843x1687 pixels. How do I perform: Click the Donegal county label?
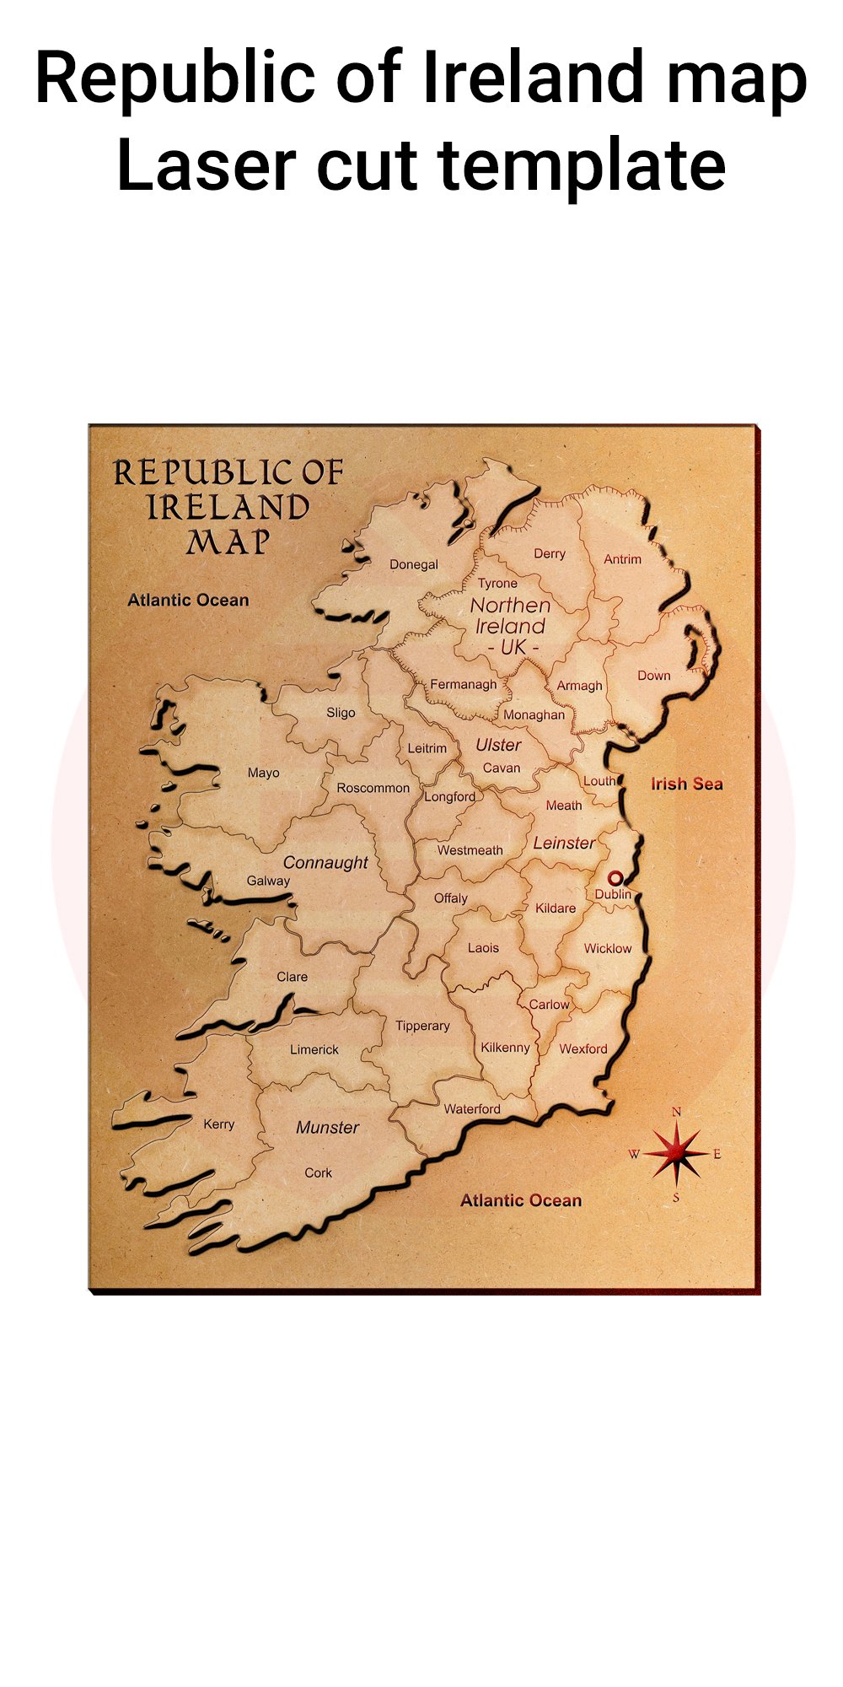[x=413, y=564]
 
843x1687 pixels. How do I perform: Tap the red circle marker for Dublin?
[x=615, y=878]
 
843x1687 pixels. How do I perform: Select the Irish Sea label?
[x=686, y=784]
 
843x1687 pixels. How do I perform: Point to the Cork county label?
[x=318, y=1172]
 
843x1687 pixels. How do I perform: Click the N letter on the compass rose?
[x=676, y=1113]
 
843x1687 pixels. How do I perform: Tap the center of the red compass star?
[x=676, y=1154]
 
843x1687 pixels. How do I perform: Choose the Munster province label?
[x=327, y=1128]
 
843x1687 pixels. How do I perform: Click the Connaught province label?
[x=325, y=862]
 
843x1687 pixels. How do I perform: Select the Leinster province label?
[x=564, y=843]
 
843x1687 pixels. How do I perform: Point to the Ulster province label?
[x=498, y=745]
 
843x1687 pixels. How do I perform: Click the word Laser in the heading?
[x=206, y=165]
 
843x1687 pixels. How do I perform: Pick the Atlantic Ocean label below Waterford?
[x=520, y=1200]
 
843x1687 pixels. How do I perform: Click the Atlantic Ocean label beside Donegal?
[x=188, y=600]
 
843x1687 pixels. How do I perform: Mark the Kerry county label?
[x=218, y=1124]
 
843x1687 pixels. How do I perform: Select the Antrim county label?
[x=622, y=558]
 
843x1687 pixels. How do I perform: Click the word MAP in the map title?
[x=228, y=542]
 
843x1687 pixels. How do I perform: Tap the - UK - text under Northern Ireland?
[x=513, y=648]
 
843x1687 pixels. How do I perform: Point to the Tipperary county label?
[x=422, y=1026]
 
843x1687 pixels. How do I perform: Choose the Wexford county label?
[x=583, y=1048]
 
